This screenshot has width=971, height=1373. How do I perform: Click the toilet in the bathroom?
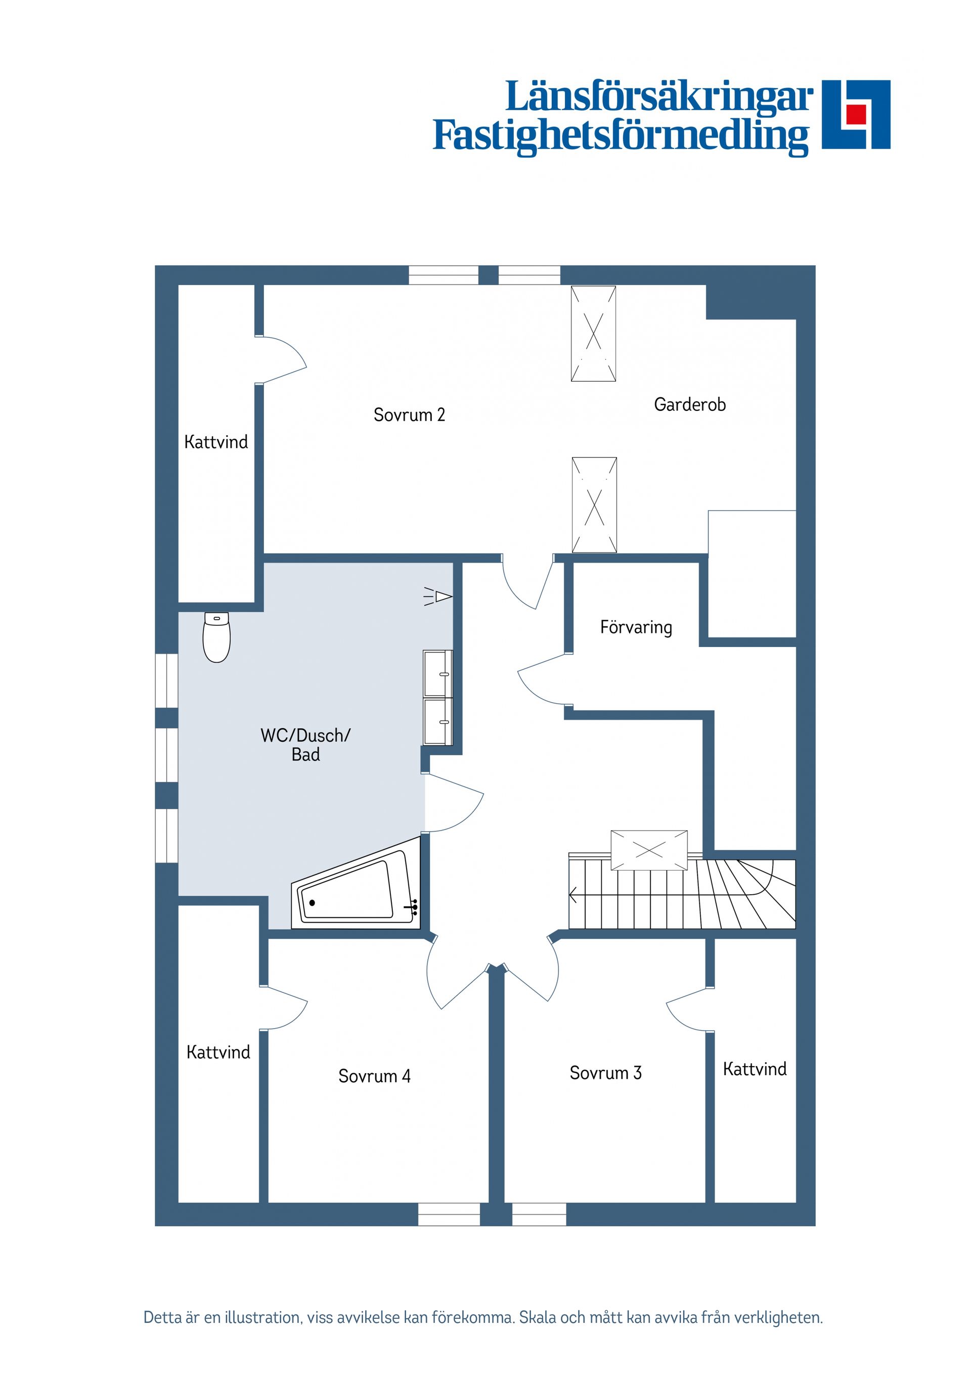216,637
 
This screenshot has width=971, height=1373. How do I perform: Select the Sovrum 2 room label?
409,415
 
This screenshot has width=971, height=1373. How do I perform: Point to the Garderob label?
690,405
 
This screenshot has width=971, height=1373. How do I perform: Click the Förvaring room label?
636,627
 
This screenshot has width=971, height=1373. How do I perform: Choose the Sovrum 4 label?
375,1076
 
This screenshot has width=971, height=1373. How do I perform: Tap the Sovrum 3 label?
605,1073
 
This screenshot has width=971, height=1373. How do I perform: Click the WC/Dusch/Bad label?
306,745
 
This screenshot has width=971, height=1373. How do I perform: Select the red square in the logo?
856,114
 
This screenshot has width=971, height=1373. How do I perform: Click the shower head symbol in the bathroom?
438,597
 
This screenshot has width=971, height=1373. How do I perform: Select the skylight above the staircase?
649,850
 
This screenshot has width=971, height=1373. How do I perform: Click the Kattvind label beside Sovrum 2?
216,442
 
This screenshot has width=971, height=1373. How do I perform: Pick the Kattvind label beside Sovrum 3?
755,1069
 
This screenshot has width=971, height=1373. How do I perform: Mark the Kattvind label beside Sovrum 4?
218,1052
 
